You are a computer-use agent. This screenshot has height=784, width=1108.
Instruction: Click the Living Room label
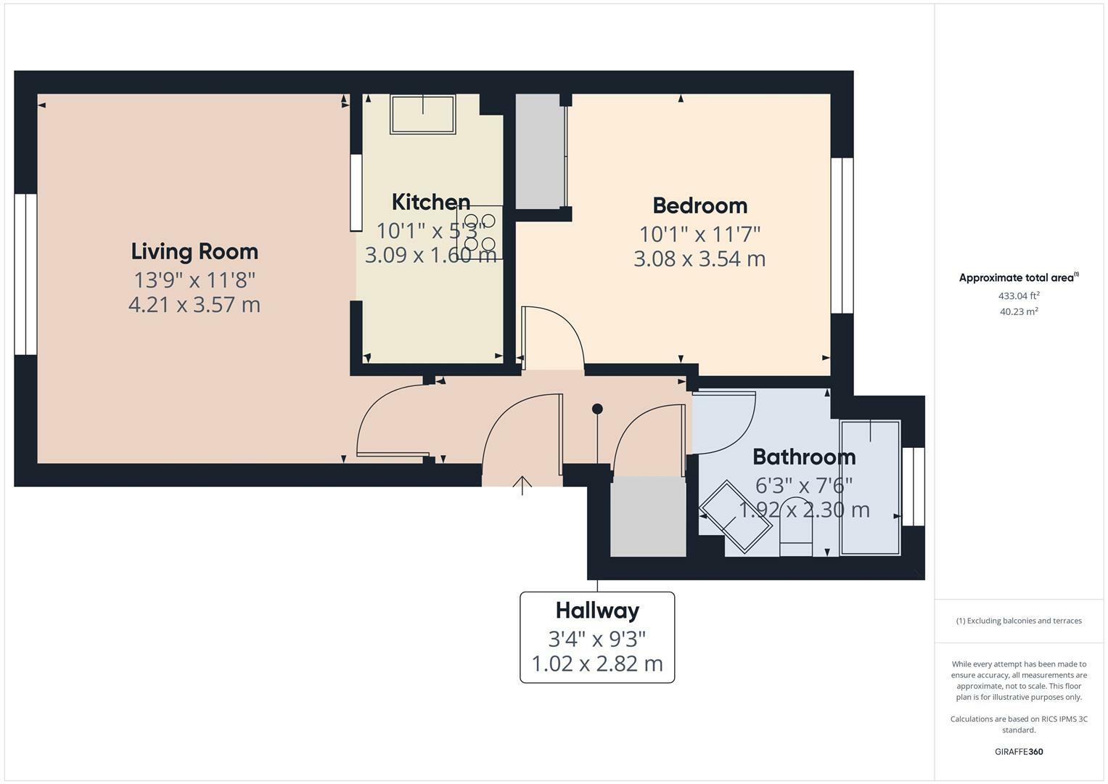coord(194,252)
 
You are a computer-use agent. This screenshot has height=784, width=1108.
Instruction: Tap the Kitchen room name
coord(431,202)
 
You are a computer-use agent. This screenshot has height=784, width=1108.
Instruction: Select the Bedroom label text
coord(699,205)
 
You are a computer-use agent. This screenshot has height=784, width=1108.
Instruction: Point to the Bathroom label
coord(804,457)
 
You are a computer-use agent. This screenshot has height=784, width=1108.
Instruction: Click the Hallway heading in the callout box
coord(597,611)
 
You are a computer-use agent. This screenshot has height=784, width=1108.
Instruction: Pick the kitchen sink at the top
coord(423,114)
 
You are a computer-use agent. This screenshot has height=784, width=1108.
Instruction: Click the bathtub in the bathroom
coord(870,487)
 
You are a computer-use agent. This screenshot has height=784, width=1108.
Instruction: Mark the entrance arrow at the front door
coord(522,484)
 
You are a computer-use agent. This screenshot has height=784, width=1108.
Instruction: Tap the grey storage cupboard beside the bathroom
coord(648,516)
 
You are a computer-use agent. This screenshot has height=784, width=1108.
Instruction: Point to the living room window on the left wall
coord(25,274)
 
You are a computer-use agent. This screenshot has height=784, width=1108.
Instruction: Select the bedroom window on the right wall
coord(842,235)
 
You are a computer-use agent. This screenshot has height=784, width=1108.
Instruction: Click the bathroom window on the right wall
coord(914,486)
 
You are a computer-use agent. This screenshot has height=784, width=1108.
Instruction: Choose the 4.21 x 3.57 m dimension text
coord(194,304)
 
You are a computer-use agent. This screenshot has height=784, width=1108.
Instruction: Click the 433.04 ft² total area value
coord(1019,295)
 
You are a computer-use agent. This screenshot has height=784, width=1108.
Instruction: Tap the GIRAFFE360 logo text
coord(1019,751)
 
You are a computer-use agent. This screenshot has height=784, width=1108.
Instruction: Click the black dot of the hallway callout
coord(597,409)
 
